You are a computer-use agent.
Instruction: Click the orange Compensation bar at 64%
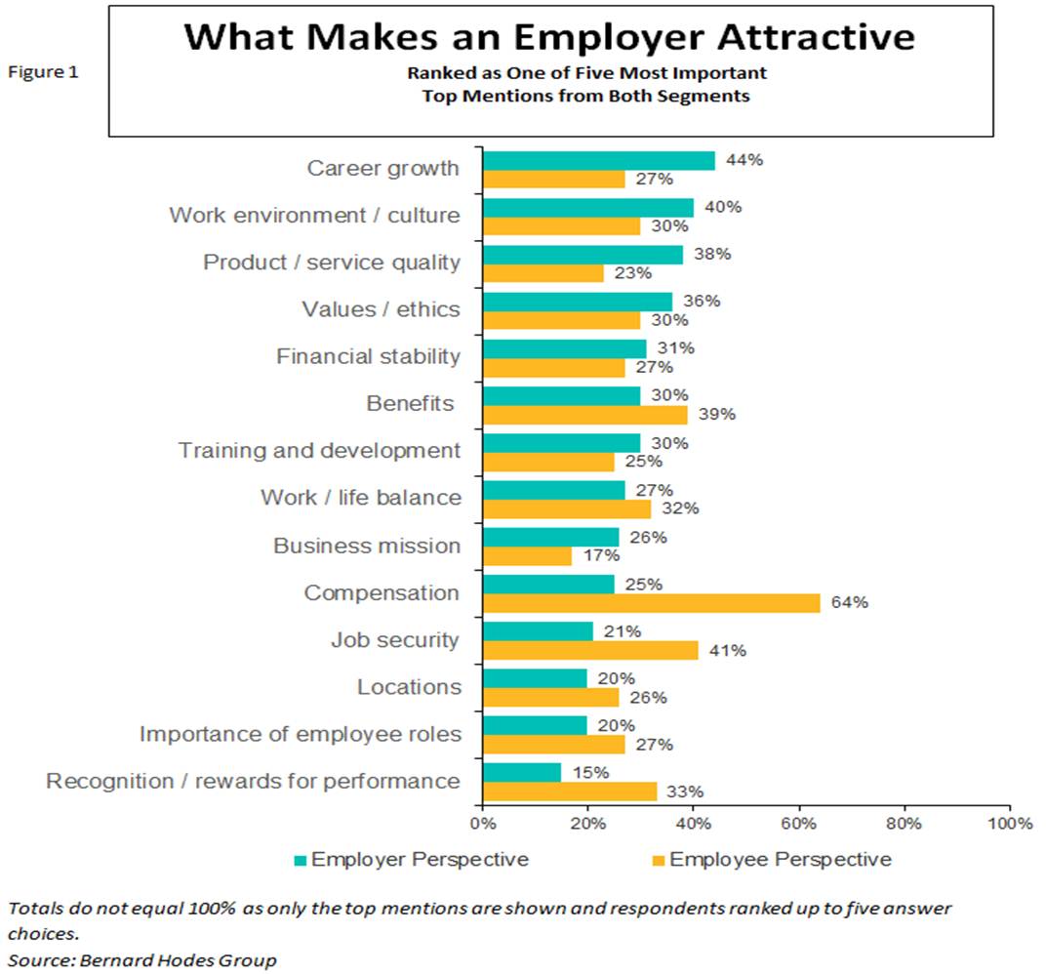(652, 603)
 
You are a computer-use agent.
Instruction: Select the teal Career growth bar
(599, 161)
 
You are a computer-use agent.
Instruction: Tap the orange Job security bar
(591, 650)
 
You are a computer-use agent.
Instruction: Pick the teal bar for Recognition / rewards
(522, 772)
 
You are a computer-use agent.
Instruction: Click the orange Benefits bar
(585, 415)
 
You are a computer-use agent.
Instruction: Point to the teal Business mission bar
(551, 537)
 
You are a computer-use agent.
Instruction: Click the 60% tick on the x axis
(798, 823)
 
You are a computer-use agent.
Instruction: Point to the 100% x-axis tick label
(1009, 823)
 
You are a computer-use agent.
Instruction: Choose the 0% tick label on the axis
(483, 823)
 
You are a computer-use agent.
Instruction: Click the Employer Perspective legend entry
(411, 860)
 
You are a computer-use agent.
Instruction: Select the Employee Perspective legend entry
(770, 860)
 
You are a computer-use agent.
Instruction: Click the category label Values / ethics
(381, 310)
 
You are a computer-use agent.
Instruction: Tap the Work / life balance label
(360, 498)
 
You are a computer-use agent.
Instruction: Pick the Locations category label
(409, 687)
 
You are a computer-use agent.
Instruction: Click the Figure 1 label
(43, 71)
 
